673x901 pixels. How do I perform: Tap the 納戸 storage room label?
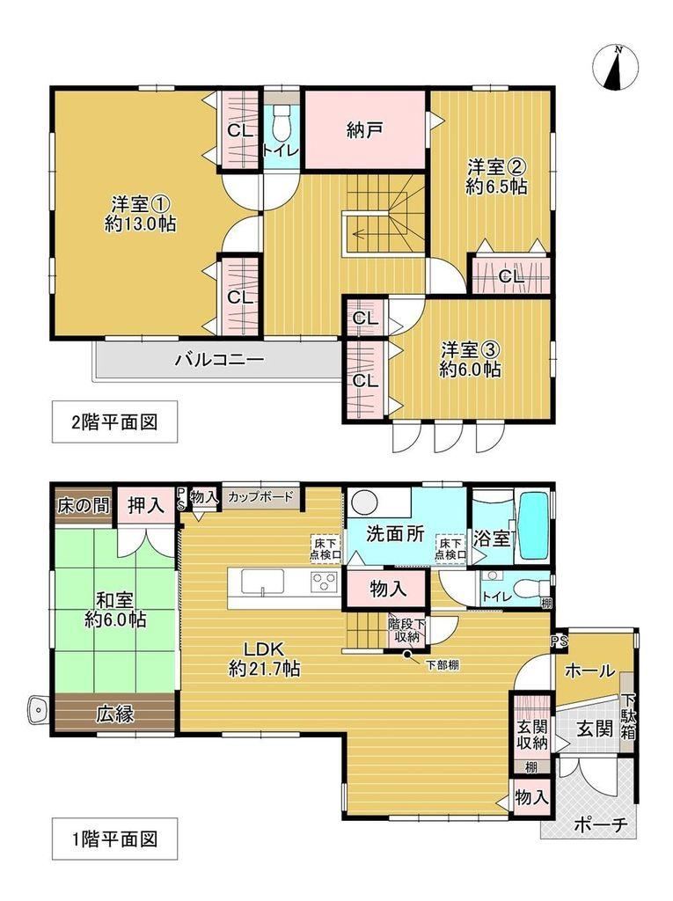tap(365, 131)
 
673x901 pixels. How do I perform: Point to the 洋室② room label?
tap(494, 167)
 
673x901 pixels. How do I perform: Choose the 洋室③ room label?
tap(470, 349)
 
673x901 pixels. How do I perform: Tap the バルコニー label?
tap(220, 360)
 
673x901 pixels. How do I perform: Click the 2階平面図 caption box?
tap(114, 422)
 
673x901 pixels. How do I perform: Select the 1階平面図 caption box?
tap(114, 839)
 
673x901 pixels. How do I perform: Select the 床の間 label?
tap(84, 506)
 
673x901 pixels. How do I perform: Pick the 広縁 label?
tap(115, 714)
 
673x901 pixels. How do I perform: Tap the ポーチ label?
tap(601, 825)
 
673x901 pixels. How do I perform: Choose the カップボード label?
tap(261, 496)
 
